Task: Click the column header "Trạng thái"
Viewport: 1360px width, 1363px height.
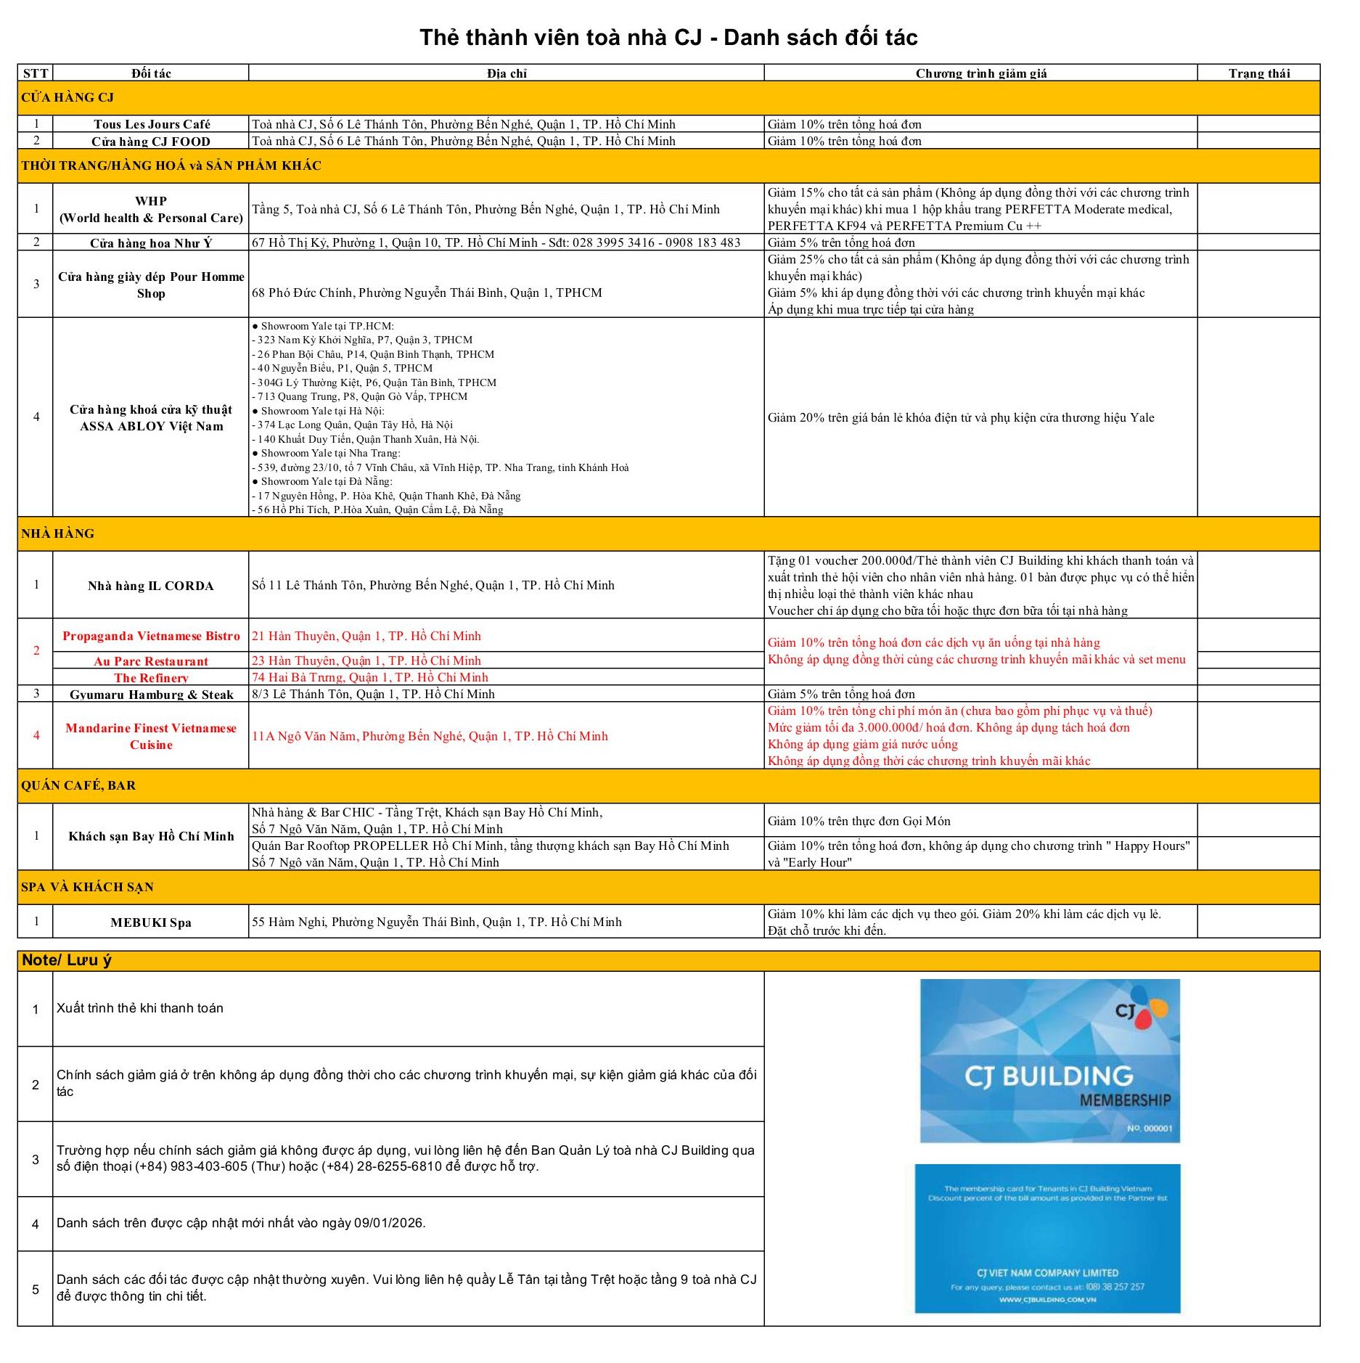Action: click(1258, 73)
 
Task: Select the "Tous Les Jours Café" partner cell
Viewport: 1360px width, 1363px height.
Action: click(151, 124)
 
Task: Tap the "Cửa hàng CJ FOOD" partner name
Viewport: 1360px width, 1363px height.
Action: click(151, 142)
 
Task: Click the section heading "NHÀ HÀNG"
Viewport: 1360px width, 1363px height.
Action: click(58, 533)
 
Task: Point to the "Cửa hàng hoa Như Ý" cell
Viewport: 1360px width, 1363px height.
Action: click(151, 242)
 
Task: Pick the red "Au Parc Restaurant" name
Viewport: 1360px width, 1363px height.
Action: click(151, 661)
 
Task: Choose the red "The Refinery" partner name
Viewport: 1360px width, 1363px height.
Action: click(151, 678)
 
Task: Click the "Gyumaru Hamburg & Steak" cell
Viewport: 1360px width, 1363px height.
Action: click(151, 695)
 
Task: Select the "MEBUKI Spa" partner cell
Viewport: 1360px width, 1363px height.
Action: click(151, 922)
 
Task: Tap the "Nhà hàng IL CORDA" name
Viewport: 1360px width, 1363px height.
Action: click(151, 586)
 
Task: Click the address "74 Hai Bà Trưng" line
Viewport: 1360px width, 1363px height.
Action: click(370, 677)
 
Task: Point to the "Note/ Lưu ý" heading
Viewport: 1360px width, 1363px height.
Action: click(67, 960)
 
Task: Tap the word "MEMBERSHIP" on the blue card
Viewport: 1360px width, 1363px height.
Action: click(1125, 1100)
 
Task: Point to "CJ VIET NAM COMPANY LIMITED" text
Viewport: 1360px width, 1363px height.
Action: click(1047, 1273)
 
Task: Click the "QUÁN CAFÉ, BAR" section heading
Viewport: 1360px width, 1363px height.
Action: click(78, 785)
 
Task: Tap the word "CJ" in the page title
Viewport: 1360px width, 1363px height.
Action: click(688, 37)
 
